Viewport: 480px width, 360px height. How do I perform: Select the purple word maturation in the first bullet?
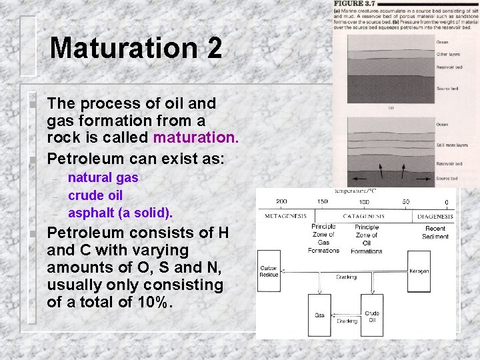[x=195, y=138]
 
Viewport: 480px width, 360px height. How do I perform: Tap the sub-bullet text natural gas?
[x=103, y=178]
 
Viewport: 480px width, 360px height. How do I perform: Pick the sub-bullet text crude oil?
[x=95, y=195]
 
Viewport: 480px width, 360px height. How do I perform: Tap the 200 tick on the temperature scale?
[x=281, y=201]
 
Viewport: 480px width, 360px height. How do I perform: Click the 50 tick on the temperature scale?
[x=405, y=201]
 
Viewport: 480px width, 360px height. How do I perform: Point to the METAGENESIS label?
[x=285, y=217]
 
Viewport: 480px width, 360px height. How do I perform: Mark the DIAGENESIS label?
[x=435, y=217]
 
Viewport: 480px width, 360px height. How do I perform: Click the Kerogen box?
[x=419, y=271]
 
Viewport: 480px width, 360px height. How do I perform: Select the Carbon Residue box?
[x=269, y=271]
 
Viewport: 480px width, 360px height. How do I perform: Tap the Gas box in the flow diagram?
[x=320, y=315]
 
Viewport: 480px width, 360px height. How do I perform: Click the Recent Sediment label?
[x=435, y=233]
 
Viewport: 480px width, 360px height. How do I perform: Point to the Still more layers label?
[x=451, y=145]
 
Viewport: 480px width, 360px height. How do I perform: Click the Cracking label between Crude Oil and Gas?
[x=346, y=320]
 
